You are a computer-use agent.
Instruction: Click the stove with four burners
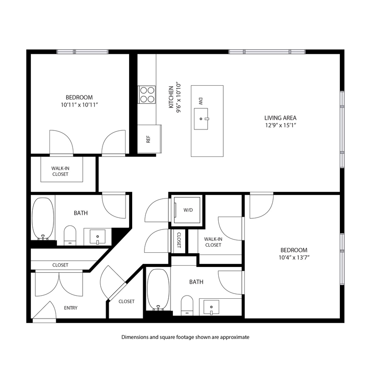[147, 94]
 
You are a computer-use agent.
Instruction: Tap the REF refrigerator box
[149, 139]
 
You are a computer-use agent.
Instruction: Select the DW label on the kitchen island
[200, 101]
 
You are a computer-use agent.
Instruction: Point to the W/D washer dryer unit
[188, 210]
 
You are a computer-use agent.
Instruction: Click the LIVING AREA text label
[280, 118]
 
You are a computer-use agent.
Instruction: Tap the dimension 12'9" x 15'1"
[280, 126]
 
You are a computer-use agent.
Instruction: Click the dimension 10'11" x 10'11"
[79, 105]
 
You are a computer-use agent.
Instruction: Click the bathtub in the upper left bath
[43, 218]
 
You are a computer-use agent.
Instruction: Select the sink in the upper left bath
[97, 237]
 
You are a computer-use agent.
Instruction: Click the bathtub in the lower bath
[158, 289]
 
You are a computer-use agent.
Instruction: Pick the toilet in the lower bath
[187, 305]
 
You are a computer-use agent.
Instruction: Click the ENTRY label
[71, 308]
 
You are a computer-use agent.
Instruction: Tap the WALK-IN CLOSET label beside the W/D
[213, 242]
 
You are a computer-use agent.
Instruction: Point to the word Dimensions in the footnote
[135, 337]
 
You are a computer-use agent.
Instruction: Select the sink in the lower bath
[212, 306]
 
